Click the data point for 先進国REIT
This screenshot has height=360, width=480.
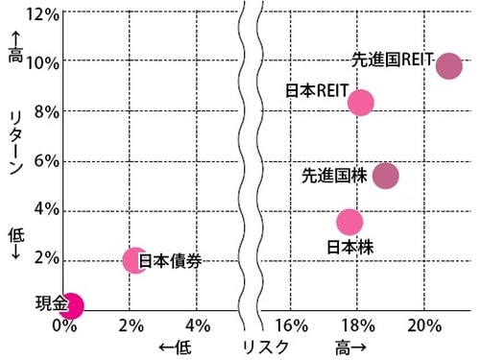point(448,66)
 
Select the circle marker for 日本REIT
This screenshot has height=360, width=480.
point(360,102)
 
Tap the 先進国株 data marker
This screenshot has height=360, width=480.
point(385,176)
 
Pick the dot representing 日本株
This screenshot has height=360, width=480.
point(350,222)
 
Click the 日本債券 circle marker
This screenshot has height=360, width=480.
point(135,260)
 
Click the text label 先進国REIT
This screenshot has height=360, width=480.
point(393,58)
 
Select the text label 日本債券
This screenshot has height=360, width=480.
point(171,260)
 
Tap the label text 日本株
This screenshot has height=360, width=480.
point(350,247)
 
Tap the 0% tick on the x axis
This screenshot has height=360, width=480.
point(64,324)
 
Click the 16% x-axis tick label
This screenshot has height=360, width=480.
point(291,324)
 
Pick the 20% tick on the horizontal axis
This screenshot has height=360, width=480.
point(422,324)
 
